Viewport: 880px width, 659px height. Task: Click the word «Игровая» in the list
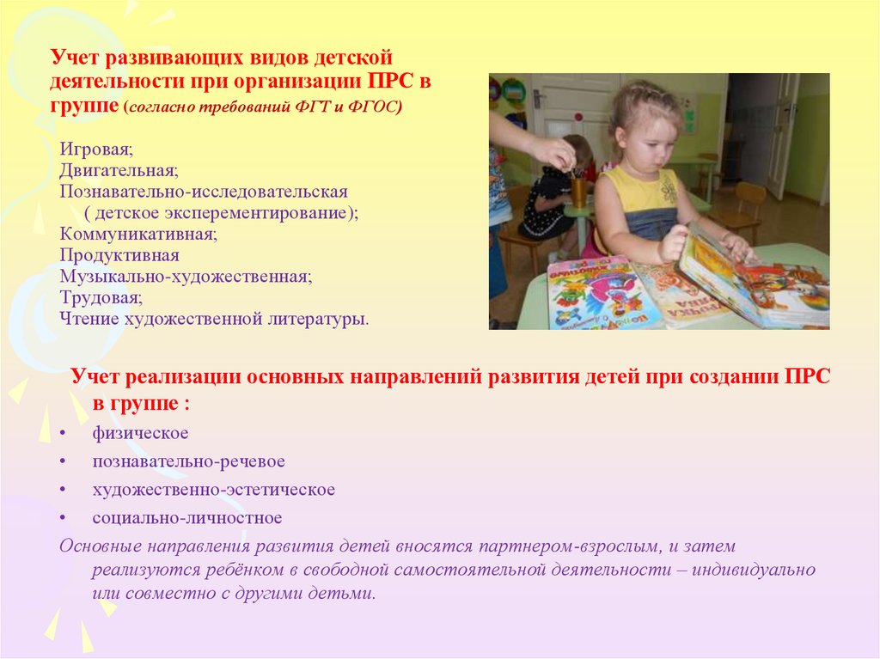(x=89, y=150)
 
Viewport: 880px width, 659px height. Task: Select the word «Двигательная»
(x=107, y=171)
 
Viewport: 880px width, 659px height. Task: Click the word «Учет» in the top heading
(x=73, y=58)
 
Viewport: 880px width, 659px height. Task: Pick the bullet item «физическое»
(x=141, y=433)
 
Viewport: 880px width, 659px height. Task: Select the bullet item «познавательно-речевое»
(x=189, y=461)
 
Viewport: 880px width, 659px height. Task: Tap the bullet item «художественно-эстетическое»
(x=214, y=490)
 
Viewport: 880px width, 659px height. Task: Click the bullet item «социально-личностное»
(x=187, y=518)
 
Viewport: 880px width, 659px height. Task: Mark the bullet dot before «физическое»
(x=64, y=434)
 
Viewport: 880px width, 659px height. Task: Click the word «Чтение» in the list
(x=86, y=319)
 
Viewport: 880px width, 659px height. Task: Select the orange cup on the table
(x=578, y=192)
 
